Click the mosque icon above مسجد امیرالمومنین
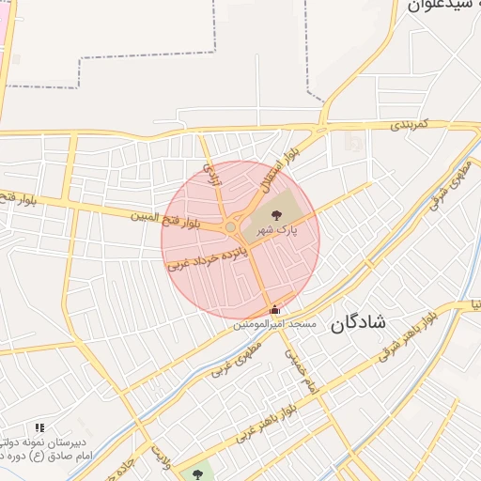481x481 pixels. [x=274, y=310]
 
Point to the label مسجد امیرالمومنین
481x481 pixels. [x=276, y=324]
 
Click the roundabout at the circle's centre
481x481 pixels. [x=229, y=227]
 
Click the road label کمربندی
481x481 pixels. [x=410, y=124]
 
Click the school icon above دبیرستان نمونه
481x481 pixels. [x=39, y=427]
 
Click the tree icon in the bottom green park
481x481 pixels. [x=197, y=473]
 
